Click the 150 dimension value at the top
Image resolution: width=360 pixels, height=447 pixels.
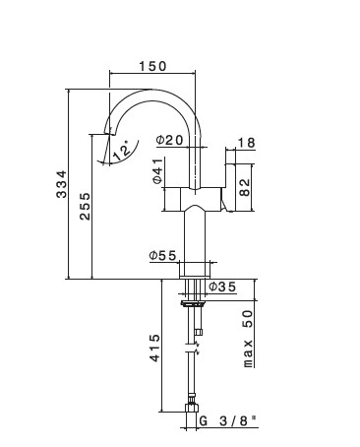coord(152,66)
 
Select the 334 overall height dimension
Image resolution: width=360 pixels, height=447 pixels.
coord(61,184)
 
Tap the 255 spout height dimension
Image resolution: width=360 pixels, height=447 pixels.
coord(85,206)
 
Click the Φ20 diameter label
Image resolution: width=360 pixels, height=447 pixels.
coord(169,141)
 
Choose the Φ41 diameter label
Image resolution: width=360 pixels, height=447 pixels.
coord(157,171)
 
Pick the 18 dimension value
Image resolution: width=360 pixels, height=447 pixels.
coord(246,143)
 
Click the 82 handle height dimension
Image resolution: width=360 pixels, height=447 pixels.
coord(245,187)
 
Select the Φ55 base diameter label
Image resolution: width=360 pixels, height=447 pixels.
coord(162,255)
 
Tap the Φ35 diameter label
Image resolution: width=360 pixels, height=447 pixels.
coord(222,287)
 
